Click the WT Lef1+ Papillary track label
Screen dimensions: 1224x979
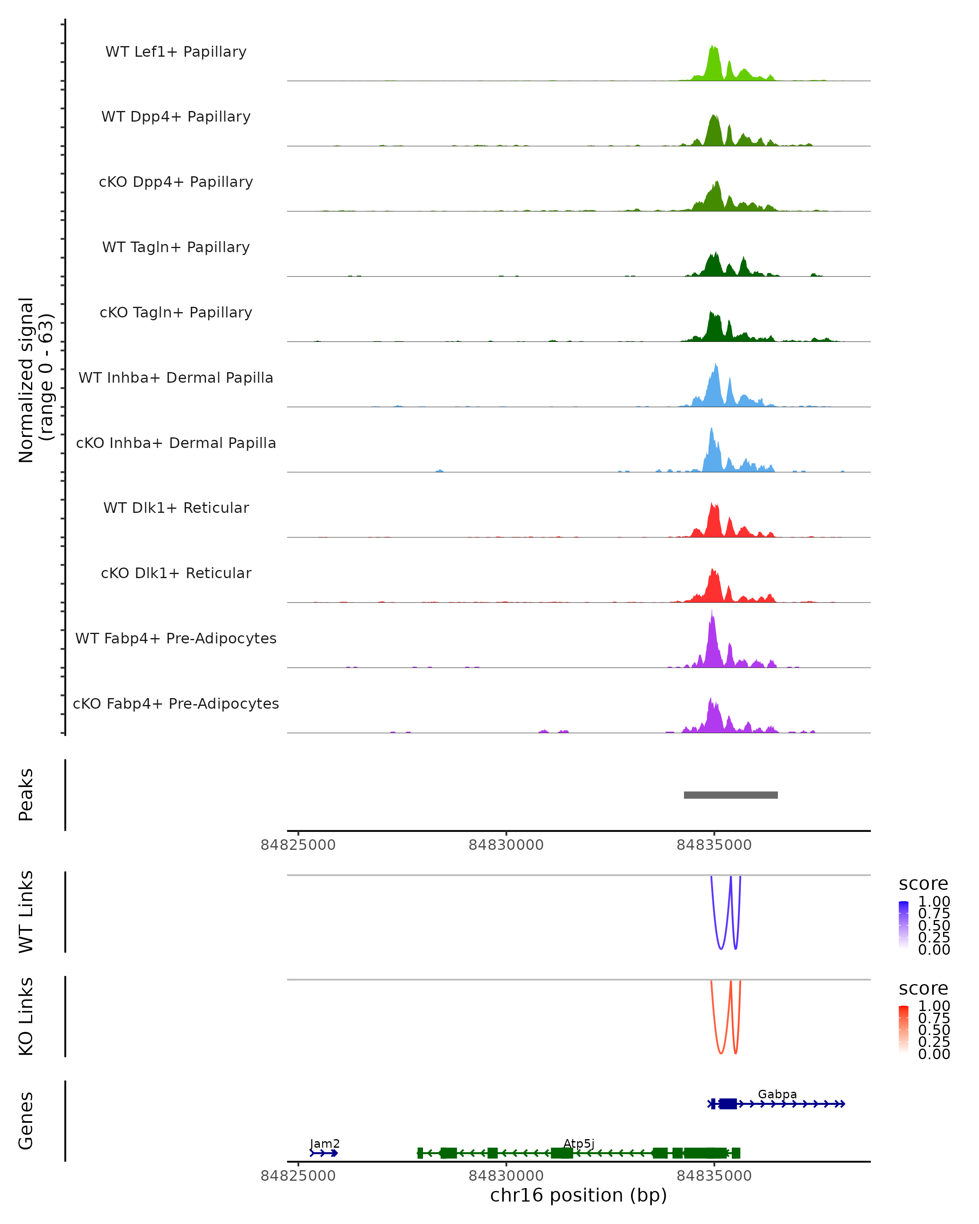[x=176, y=52]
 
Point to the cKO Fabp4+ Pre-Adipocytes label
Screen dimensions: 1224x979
[x=176, y=703]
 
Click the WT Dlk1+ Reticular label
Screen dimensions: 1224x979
[x=176, y=508]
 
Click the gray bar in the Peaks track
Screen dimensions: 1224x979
[x=731, y=795]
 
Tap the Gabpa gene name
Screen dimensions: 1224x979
[x=777, y=1094]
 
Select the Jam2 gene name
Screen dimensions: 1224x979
[x=325, y=1143]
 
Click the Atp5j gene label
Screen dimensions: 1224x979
[x=578, y=1143]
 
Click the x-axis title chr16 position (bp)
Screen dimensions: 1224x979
[x=578, y=1195]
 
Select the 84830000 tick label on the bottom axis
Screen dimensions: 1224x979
[x=506, y=1175]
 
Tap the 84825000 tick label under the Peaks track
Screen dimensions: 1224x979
[x=298, y=845]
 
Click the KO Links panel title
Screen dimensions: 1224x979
[x=26, y=1016]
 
